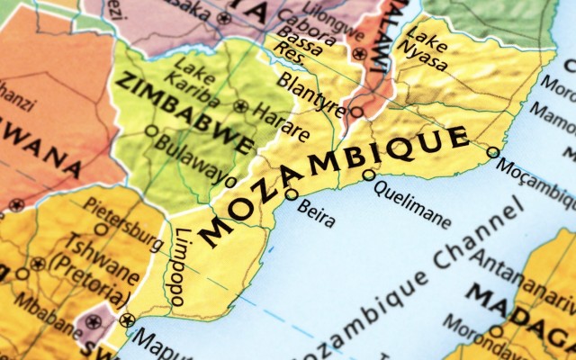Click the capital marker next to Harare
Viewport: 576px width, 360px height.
(x=240, y=105)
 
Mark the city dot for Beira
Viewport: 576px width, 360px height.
(x=292, y=193)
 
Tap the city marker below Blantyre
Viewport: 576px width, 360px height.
(x=356, y=112)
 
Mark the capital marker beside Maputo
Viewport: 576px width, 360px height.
(x=126, y=319)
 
